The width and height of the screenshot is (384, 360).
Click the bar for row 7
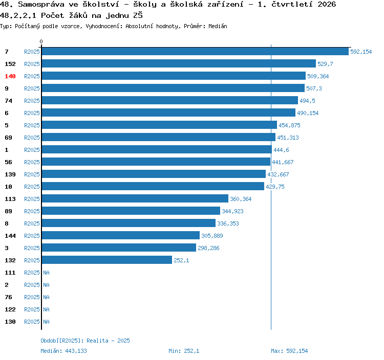click(195, 51)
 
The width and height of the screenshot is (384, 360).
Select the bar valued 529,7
click(179, 63)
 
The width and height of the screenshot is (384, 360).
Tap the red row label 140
click(10, 76)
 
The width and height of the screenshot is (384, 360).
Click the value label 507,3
click(314, 88)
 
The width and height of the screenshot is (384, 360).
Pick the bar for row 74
click(170, 100)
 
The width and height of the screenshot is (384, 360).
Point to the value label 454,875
click(289, 125)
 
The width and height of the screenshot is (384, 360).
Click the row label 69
click(8, 138)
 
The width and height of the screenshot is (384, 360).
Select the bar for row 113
click(135, 198)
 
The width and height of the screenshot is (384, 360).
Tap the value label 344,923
click(232, 211)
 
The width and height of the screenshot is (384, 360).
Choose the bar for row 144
click(121, 235)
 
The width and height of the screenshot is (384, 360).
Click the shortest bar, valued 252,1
click(107, 260)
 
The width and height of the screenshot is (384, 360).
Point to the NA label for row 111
click(46, 273)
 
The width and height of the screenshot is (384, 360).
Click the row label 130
click(10, 322)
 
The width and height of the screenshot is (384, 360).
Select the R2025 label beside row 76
click(32, 297)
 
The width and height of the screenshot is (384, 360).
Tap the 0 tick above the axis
click(41, 41)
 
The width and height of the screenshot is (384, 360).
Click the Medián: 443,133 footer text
click(63, 351)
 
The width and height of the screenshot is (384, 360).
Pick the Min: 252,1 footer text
click(184, 351)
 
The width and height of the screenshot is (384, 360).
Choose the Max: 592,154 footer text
click(289, 351)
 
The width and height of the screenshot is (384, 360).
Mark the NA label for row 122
click(46, 309)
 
